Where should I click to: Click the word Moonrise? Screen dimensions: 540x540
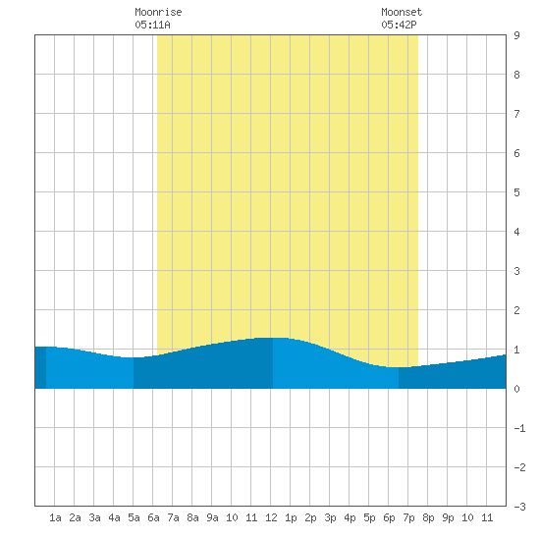(158, 12)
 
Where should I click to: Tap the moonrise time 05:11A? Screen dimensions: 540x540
(152, 25)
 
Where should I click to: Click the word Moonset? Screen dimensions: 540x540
(402, 12)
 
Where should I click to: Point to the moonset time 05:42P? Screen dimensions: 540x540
(399, 25)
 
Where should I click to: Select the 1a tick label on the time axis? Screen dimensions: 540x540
(55, 517)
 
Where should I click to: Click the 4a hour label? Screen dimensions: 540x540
(114, 517)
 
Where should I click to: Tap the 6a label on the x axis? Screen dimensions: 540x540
(153, 517)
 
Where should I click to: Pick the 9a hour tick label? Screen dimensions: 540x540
(212, 517)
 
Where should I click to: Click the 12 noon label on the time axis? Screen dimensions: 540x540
(271, 517)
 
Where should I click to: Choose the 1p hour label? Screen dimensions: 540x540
(291, 517)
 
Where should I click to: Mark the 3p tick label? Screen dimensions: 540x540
(330, 517)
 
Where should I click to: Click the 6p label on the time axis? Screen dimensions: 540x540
(389, 517)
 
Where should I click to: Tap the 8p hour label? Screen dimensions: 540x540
(428, 517)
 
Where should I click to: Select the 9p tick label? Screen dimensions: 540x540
(448, 517)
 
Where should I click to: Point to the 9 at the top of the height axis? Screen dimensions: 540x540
(516, 35)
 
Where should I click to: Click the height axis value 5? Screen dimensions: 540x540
(516, 192)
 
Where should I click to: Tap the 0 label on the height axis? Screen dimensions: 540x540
(516, 389)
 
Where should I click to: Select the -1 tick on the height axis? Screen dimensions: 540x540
(519, 428)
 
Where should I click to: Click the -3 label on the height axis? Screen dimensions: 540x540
(519, 507)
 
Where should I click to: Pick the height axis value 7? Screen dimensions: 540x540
(516, 114)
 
